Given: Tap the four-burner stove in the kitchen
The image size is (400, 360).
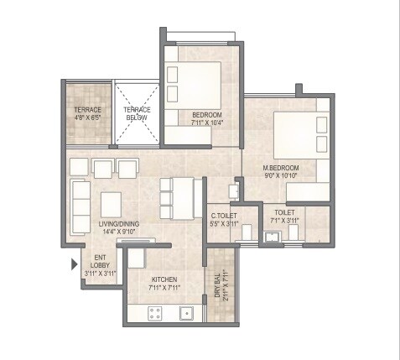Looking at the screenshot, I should click(x=155, y=313).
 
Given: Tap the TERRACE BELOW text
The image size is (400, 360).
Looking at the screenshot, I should click(x=135, y=114).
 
